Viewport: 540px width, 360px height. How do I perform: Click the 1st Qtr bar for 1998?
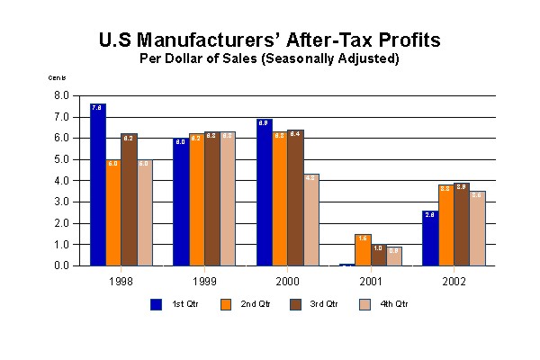[x=98, y=184]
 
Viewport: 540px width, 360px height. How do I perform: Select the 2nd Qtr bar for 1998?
[x=113, y=212]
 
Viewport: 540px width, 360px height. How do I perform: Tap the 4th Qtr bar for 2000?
[x=310, y=220]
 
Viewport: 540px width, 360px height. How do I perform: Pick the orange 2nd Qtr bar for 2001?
[x=363, y=249]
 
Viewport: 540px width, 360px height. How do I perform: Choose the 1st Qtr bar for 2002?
[x=430, y=238]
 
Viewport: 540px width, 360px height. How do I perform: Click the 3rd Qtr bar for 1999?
[x=211, y=199]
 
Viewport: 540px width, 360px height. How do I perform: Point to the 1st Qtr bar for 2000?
[x=264, y=193]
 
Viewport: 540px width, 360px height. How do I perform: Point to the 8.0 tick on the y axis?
[x=62, y=95]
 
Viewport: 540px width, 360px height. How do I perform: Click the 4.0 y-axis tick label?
[x=62, y=180]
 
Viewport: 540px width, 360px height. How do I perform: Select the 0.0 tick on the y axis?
[x=62, y=265]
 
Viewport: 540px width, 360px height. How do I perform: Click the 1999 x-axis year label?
[x=203, y=281]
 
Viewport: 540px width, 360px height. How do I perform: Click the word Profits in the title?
[x=397, y=41]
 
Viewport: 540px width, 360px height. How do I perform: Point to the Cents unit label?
[x=57, y=78]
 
